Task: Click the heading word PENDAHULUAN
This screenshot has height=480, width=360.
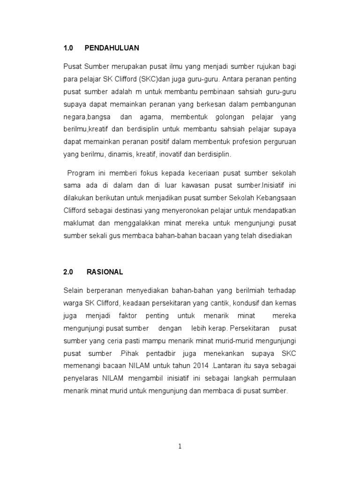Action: click(112, 48)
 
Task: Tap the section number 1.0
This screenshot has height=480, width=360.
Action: click(68, 48)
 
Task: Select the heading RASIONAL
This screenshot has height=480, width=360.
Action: click(105, 272)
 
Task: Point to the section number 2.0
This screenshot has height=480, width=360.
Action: click(68, 272)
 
